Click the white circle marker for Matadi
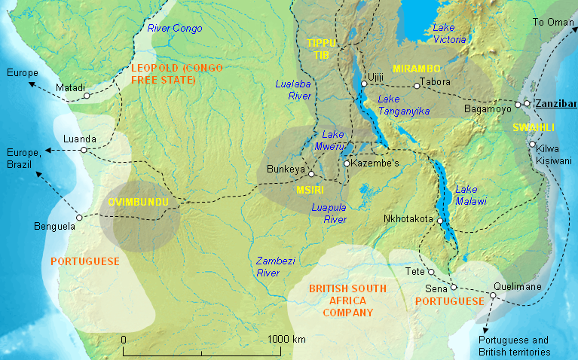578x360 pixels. point(87,96)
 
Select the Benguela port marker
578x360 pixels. point(80,216)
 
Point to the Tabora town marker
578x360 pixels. point(417,86)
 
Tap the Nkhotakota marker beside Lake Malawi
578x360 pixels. point(439,220)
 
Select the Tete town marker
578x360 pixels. point(431,272)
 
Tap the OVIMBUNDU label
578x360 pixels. point(138,203)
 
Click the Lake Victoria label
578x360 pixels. point(444,32)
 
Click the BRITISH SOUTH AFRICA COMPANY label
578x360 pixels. point(347,301)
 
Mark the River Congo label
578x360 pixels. point(175,29)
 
